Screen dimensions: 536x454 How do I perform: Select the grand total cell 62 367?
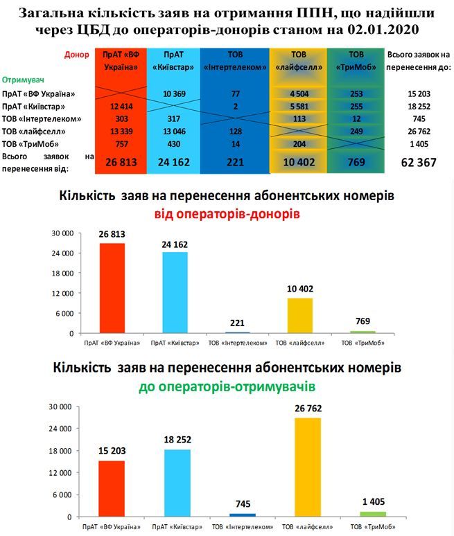pyautogui.click(x=418, y=163)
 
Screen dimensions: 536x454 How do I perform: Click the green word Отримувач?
pyautogui.click(x=24, y=80)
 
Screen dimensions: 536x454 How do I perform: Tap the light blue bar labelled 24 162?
pyautogui.click(x=175, y=292)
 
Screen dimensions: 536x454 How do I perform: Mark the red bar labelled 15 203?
pyautogui.click(x=112, y=488)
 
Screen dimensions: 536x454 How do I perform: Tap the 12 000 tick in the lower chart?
pyautogui.click(x=62, y=473)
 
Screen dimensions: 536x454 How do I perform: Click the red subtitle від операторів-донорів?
pyautogui.click(x=227, y=214)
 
